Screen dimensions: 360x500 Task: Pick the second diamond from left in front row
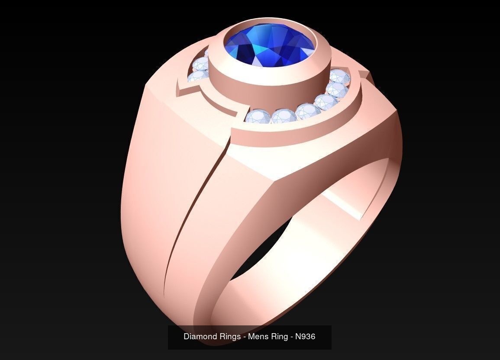pos(284,116)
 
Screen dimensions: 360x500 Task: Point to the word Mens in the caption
pos(259,336)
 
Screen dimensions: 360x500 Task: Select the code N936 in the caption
pos(305,336)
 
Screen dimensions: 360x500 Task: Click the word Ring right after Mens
pos(280,336)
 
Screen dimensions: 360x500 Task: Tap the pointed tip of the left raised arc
pos(178,90)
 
